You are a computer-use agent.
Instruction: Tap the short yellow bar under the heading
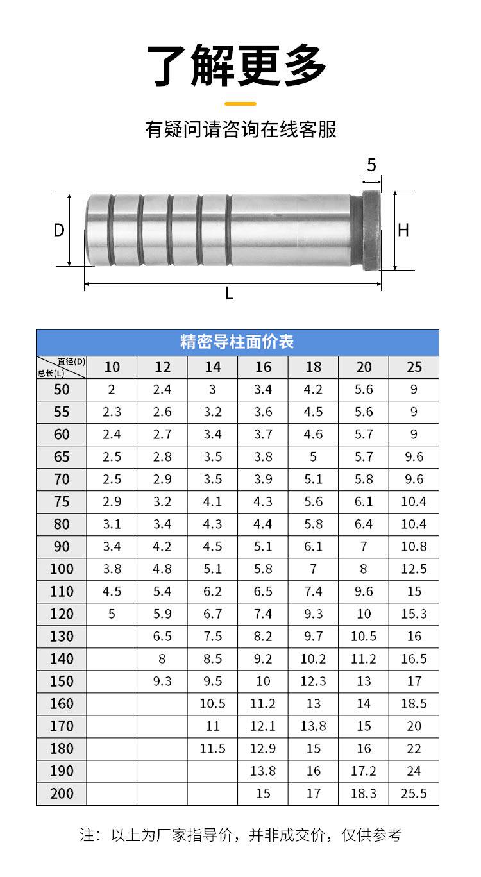(240, 104)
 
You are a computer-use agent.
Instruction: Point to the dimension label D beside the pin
(59, 230)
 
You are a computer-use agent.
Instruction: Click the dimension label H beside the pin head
(403, 230)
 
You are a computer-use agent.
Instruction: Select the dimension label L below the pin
(229, 293)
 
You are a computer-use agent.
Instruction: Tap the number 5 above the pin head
(371, 165)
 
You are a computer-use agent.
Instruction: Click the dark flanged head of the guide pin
(371, 230)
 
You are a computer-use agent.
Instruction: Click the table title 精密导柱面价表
(237, 342)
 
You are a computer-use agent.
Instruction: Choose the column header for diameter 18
(314, 367)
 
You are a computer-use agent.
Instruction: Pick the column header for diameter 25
(414, 367)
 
